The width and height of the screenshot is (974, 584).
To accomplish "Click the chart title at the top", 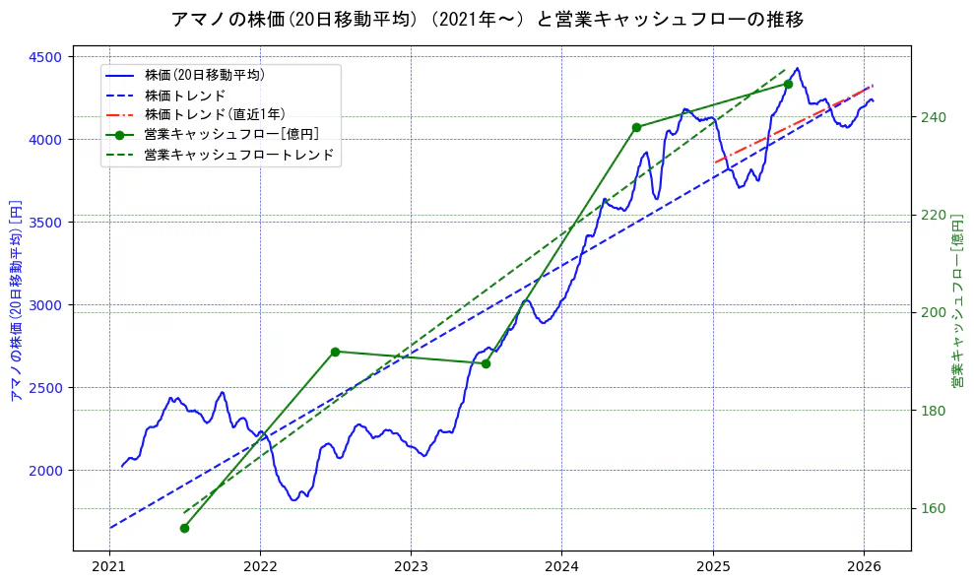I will [x=487, y=20].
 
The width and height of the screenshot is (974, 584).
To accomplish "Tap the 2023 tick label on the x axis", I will [x=411, y=567].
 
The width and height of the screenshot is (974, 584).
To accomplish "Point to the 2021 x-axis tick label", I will [x=109, y=567].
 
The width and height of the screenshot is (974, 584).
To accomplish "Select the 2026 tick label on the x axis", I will [x=864, y=567].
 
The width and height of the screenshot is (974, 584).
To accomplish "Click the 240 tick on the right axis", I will [x=933, y=117].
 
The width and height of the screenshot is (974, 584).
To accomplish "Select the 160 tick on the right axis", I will [x=933, y=509].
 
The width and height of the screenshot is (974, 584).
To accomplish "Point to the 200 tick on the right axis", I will [x=933, y=313].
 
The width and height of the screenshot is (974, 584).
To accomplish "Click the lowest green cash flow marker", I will [x=184, y=528].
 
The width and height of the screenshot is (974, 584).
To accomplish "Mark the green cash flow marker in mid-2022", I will [x=335, y=352].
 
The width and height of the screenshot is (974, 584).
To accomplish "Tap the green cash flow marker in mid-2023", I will [x=486, y=363].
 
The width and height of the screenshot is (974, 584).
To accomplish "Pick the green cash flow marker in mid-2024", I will [x=636, y=127].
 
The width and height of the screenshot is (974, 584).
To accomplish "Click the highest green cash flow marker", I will [x=788, y=84].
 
